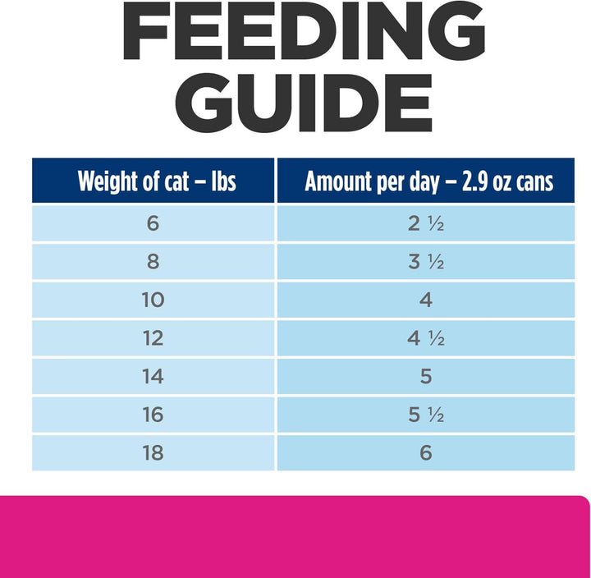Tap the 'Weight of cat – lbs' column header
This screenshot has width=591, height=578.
(155, 181)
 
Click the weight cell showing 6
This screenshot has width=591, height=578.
(153, 223)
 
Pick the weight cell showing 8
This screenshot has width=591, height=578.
(153, 262)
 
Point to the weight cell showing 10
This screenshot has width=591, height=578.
(153, 300)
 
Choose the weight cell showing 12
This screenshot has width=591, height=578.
(153, 338)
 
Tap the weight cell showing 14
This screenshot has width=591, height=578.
(153, 376)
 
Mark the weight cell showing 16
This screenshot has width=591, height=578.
(153, 415)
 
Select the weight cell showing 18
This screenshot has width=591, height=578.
(153, 452)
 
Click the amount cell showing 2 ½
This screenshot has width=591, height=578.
(425, 223)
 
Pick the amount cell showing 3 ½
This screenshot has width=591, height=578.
(425, 262)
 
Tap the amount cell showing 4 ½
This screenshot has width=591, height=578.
(425, 338)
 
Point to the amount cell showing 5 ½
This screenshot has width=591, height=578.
(425, 415)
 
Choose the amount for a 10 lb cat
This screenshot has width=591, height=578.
(425, 300)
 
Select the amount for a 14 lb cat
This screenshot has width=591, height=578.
(425, 376)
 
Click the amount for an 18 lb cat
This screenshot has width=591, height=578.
(425, 452)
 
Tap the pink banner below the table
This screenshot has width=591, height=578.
(295, 537)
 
